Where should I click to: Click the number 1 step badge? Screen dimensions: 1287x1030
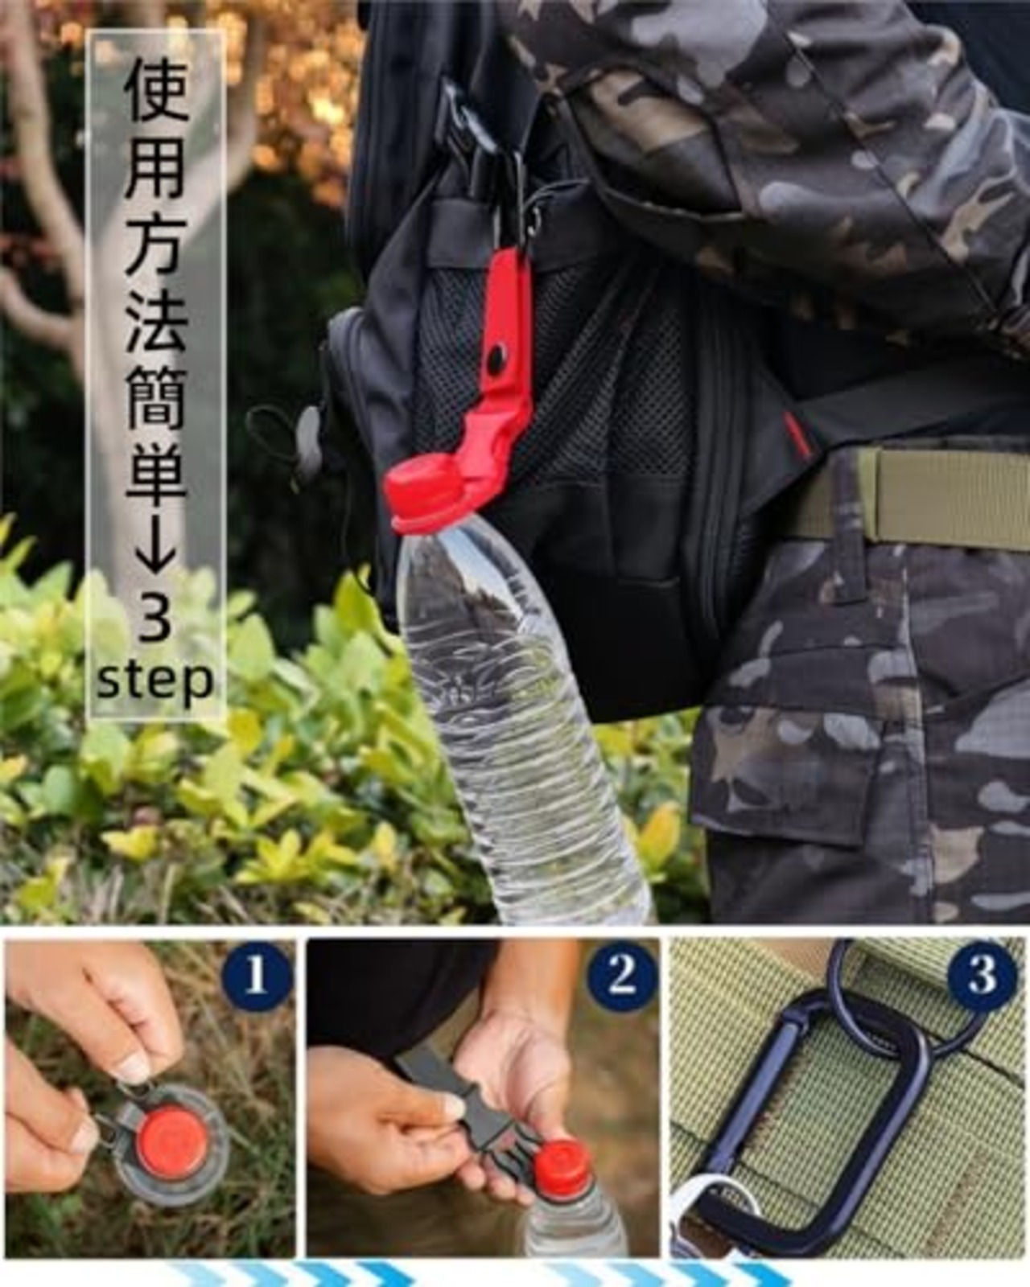(255, 977)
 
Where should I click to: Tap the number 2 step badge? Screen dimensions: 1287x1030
(621, 977)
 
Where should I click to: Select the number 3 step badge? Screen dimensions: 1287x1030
(981, 977)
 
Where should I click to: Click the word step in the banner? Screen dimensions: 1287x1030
(154, 681)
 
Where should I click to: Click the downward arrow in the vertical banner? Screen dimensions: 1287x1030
(154, 551)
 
